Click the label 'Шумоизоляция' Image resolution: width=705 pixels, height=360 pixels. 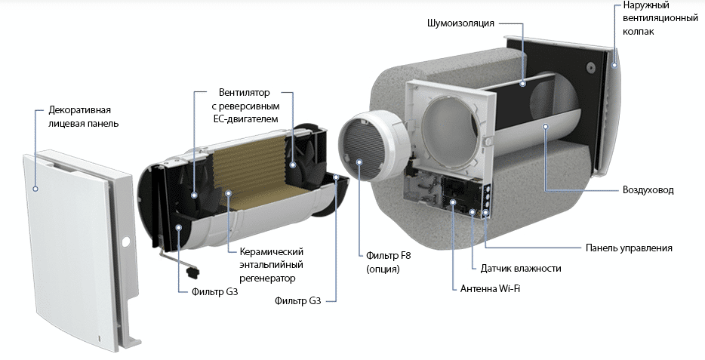[460, 23]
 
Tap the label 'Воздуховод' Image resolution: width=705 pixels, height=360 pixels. [648, 190]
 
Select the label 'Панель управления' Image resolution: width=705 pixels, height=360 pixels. [629, 248]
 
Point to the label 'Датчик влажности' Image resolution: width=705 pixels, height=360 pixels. [520, 269]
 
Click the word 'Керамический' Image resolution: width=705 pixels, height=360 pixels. [271, 251]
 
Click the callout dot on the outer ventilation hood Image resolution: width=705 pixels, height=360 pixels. [615, 66]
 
